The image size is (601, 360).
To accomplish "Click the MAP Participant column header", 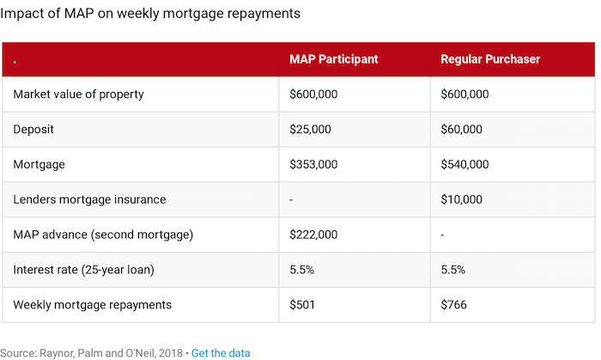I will pos(333,59).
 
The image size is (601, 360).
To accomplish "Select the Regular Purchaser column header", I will pos(489,59).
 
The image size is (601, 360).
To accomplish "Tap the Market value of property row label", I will pos(78,94).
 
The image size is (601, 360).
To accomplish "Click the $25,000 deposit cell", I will pos(310,129).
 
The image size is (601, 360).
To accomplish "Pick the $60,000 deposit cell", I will pos(461,129).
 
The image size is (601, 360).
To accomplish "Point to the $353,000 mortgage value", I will pos(313,164).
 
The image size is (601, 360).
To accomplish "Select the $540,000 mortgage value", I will pos(464,164).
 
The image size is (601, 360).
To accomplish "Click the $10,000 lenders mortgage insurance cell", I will pos(461,199).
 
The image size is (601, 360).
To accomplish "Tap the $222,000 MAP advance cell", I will pos(313,235).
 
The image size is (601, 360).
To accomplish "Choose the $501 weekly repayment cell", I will pos(303,304).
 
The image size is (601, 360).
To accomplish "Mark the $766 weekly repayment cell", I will pos(454,304).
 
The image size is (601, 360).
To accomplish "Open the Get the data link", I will pos(221,352).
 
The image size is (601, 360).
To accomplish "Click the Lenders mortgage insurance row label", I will pos(89,199).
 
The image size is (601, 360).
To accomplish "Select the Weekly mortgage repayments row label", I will pos(92,304).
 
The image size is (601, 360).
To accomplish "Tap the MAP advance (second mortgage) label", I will pos(103,235).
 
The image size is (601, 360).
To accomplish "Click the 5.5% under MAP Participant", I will pos(301,269).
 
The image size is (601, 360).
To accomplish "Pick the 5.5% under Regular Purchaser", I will pos(452,269).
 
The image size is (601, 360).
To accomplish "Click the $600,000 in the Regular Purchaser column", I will pos(464,94).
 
